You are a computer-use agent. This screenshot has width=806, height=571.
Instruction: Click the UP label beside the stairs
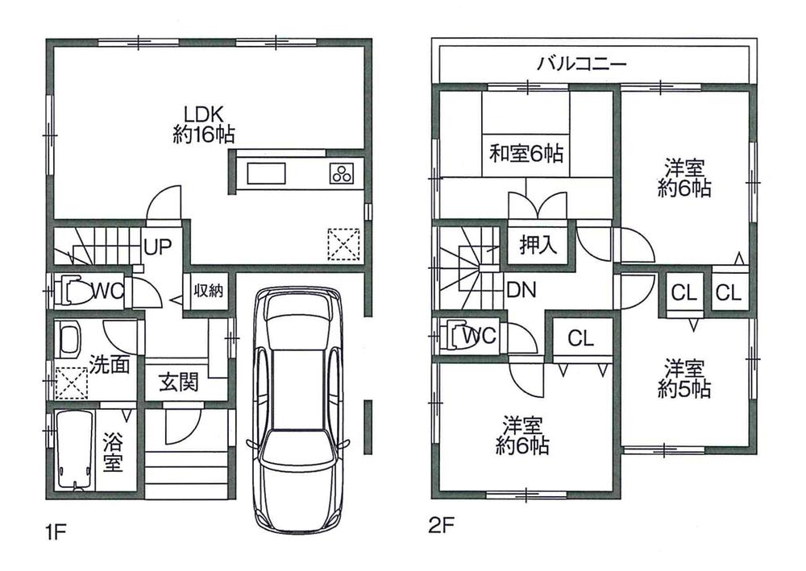pos(156,246)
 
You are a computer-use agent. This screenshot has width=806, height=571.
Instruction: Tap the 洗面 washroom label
pos(109,364)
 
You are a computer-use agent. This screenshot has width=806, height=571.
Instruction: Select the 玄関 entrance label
pos(178,383)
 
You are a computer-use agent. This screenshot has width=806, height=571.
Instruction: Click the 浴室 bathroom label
pos(112,454)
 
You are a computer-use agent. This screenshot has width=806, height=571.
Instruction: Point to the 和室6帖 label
pos(526,152)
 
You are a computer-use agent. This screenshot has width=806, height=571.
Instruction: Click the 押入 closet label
pos(538,245)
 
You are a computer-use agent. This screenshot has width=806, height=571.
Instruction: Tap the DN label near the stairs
pos(521,289)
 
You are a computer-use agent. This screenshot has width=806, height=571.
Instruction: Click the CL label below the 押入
pos(580,339)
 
